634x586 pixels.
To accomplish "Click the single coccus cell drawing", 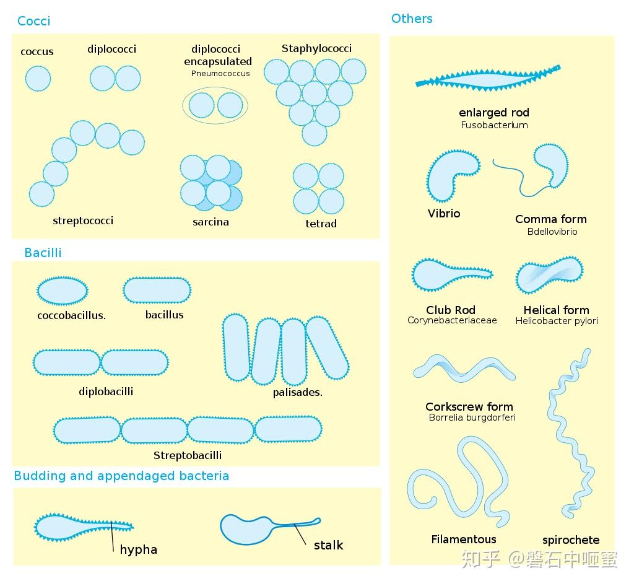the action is pos(38,79).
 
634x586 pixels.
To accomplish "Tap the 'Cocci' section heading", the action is pos(34,21).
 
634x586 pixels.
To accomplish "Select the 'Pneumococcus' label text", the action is pos(220,74).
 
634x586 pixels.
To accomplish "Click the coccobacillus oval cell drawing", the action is pos(63,291).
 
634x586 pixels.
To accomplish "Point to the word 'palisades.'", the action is pos(298,392).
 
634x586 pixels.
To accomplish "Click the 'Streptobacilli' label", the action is pos(188,455).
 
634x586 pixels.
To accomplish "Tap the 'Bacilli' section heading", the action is pos(43,253).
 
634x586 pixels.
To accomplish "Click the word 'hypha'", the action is pos(139,549).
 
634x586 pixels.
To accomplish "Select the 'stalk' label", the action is pos(329,545).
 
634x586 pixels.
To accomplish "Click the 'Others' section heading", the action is pos(412,19).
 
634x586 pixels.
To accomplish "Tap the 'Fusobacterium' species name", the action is pos(495,125).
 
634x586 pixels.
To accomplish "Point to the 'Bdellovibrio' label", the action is pos(552,232).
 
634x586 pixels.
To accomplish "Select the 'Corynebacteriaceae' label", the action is pos(452,320).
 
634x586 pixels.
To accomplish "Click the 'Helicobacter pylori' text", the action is pos(557,321).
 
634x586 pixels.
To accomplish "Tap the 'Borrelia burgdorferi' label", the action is pos(472,418).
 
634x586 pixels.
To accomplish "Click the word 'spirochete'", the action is pos(571,540).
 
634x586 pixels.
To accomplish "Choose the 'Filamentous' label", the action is pos(464,540).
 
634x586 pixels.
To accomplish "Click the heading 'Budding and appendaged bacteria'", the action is pos(121,476).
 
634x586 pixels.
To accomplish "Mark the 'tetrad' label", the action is pos(321,224).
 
